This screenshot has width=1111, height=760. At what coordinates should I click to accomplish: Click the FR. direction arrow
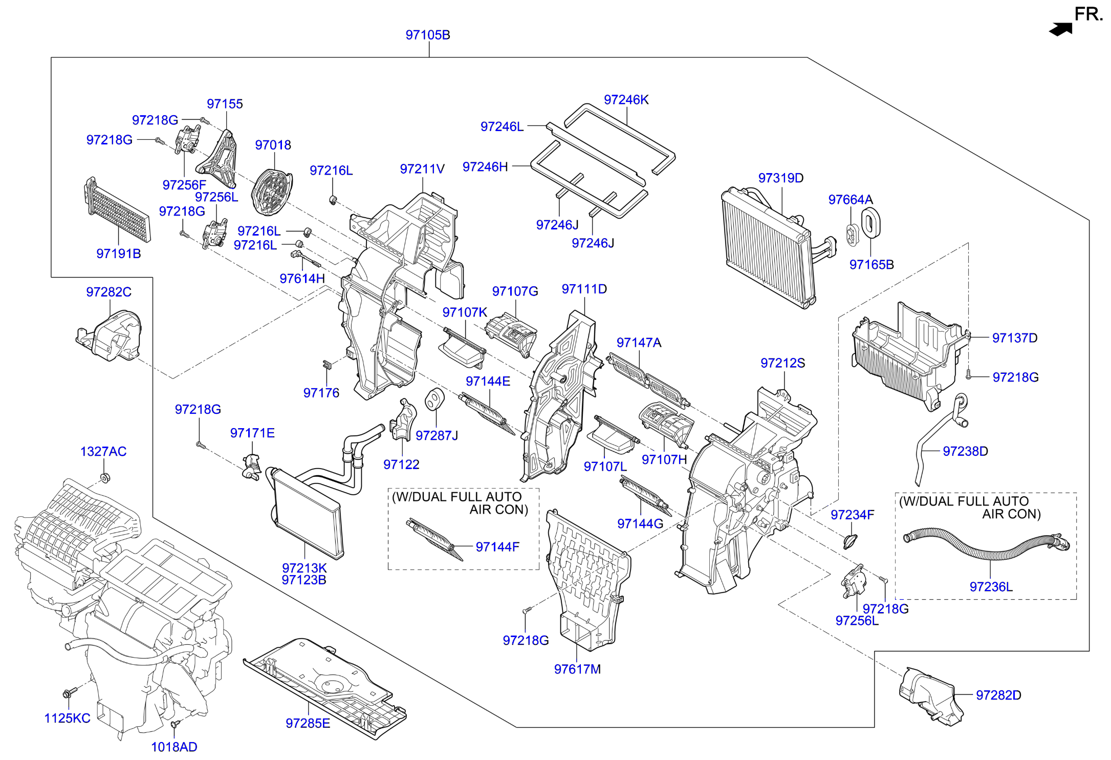coord(1060,29)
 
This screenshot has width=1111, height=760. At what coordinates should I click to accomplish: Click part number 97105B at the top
coord(428,35)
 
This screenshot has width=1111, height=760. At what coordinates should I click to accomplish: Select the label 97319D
coord(780,178)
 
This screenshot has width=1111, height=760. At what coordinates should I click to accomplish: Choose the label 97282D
coord(998,695)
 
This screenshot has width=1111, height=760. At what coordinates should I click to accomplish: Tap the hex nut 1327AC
coord(105,478)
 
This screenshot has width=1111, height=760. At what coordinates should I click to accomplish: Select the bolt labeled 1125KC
coord(68,693)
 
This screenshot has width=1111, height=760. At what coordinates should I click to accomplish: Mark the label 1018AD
coord(174,747)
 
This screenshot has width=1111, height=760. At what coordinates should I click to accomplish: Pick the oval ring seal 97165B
coord(870,224)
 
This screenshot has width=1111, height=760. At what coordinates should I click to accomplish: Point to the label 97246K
coord(626,100)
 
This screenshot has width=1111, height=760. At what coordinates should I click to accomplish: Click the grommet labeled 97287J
coord(434,399)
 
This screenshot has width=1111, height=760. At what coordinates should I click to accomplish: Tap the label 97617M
coord(577,669)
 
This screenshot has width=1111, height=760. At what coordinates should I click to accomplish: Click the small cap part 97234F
coord(850,540)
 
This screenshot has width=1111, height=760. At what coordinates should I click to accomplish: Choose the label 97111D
coord(584,289)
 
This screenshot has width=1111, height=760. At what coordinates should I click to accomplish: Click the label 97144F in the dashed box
coord(497,547)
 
